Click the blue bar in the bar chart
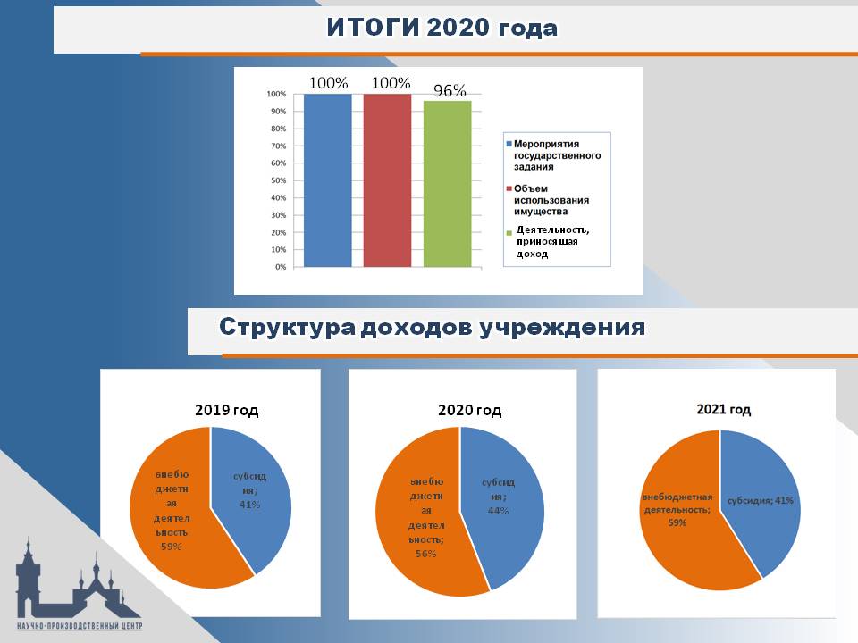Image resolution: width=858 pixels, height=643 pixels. click(327, 180)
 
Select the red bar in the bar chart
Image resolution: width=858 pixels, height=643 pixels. click(387, 180)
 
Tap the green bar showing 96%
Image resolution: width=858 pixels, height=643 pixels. click(447, 184)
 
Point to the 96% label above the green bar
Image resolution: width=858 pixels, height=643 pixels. click(450, 90)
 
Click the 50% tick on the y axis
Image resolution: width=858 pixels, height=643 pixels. click(279, 180)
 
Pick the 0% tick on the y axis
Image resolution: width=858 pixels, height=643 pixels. click(281, 267)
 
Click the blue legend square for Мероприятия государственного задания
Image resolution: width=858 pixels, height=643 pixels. click(509, 144)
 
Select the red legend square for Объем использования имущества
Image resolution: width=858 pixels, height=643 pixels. click(509, 188)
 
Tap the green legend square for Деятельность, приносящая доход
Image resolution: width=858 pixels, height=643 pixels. click(509, 233)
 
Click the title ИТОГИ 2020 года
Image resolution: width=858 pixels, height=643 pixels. click(442, 28)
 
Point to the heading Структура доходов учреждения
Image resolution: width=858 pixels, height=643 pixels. click(432, 327)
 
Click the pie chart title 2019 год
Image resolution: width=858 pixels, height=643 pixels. click(226, 410)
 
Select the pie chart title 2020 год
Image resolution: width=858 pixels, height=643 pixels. click(469, 410)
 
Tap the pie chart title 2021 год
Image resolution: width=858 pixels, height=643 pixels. click(723, 409)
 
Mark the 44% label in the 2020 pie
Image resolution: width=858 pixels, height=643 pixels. click(498, 511)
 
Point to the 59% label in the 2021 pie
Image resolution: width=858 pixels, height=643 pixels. click(677, 522)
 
